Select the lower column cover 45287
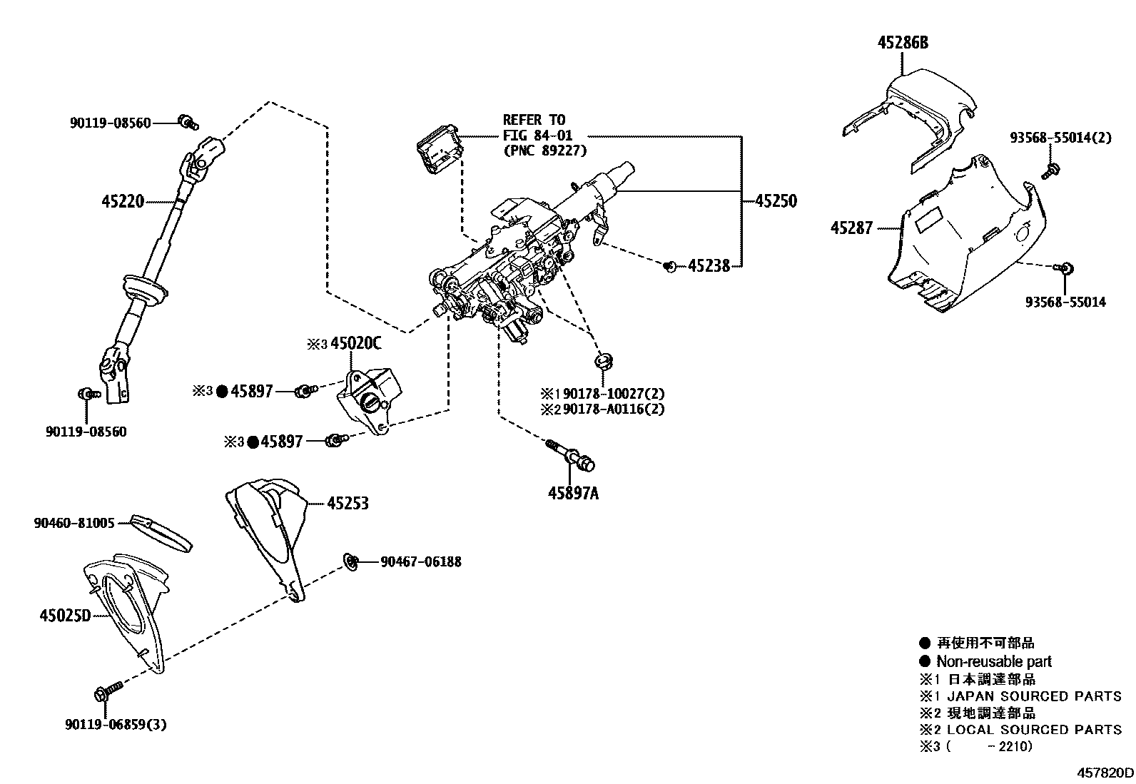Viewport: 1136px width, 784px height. (963, 235)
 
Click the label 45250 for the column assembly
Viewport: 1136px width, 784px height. (776, 202)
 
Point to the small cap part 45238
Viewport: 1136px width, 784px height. (669, 267)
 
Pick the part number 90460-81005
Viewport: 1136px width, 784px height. (73, 523)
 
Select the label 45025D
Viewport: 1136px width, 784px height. (65, 614)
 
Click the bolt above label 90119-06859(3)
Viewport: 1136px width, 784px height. (106, 691)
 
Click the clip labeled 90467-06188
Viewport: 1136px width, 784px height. (350, 561)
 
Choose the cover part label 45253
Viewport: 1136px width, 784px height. (348, 504)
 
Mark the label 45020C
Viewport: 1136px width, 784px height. (355, 344)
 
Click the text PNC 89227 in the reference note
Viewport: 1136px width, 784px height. (545, 151)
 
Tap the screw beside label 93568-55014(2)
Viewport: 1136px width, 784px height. (1050, 170)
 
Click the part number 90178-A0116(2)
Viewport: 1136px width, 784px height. (614, 409)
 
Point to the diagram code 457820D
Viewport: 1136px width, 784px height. (1105, 772)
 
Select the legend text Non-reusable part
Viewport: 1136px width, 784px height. (993, 661)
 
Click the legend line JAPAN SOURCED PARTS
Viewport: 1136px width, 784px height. (1033, 696)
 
